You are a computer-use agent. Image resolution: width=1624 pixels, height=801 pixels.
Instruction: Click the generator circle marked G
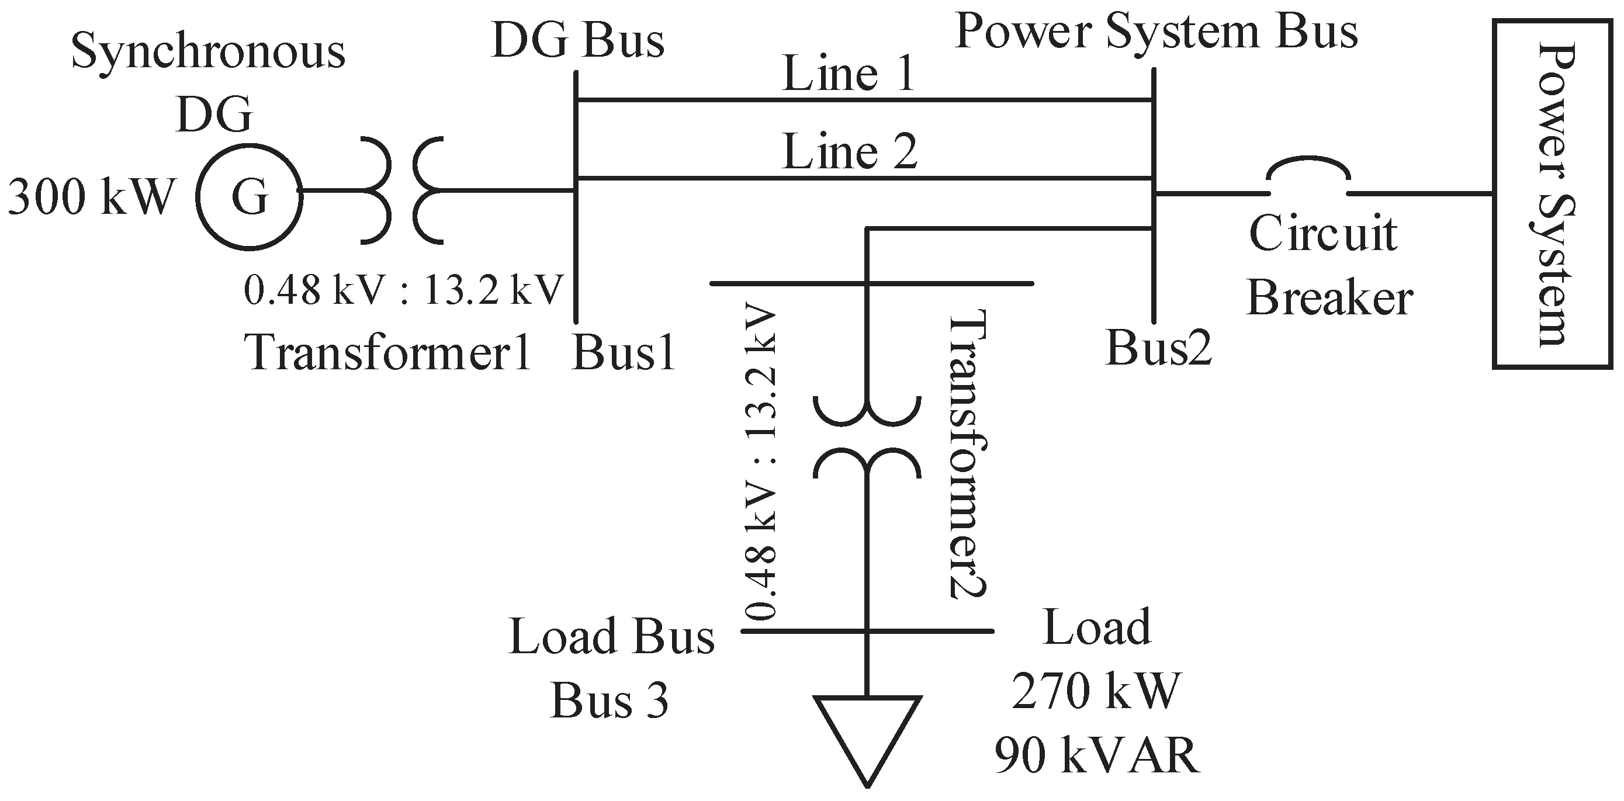click(x=250, y=197)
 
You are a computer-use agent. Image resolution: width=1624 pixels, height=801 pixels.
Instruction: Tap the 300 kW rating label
click(x=90, y=197)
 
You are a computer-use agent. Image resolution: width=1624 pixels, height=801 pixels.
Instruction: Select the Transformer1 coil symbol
click(x=402, y=190)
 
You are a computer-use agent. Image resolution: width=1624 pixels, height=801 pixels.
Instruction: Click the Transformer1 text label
click(x=387, y=352)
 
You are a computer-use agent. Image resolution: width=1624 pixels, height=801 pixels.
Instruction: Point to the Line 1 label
click(x=848, y=74)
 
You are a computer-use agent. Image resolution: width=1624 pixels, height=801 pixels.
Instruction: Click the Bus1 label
click(x=623, y=352)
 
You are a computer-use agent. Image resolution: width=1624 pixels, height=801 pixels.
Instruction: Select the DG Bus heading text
click(x=577, y=41)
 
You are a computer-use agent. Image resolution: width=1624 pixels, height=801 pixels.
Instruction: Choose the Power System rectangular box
click(x=1552, y=193)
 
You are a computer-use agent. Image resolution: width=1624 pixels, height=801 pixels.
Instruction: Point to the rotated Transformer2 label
click(x=967, y=454)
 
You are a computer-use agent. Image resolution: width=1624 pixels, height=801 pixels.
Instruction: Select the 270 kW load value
click(x=1096, y=691)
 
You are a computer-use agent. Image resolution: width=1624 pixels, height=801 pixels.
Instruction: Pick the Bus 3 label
click(x=609, y=701)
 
